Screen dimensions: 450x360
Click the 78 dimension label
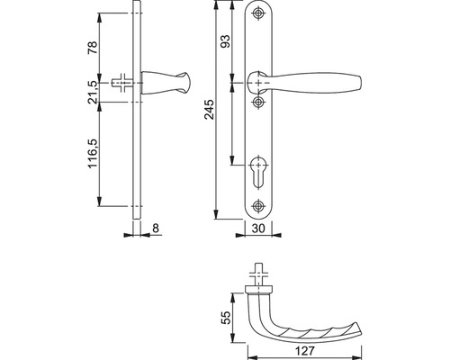[x=93, y=48]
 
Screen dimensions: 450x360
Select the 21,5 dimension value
[x=93, y=92]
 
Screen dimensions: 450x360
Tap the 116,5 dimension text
[x=93, y=153]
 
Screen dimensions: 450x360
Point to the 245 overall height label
[x=210, y=110]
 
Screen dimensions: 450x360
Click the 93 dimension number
[x=225, y=41]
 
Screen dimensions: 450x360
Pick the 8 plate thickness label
[x=156, y=229]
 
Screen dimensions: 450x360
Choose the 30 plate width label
[x=258, y=229]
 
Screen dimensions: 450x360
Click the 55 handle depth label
[x=226, y=318]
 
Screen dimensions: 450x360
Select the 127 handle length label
[x=304, y=351]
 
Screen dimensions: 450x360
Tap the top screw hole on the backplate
[x=258, y=13]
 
